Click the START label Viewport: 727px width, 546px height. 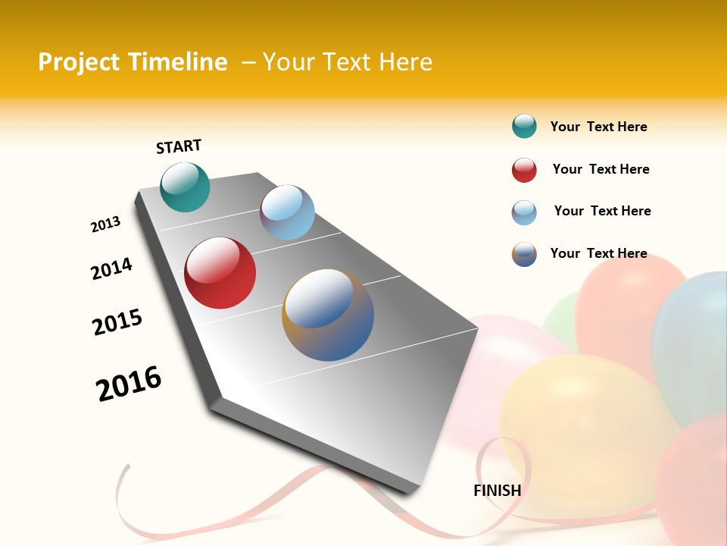(x=179, y=146)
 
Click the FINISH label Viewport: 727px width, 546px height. (x=497, y=491)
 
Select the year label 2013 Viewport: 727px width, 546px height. (x=106, y=224)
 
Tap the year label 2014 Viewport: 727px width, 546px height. (x=112, y=268)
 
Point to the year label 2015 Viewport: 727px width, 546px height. (x=117, y=322)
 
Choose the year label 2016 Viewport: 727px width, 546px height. (x=129, y=383)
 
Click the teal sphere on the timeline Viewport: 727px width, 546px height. (x=185, y=187)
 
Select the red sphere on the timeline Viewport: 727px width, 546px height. (x=220, y=273)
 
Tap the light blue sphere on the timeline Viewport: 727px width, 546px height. (x=287, y=212)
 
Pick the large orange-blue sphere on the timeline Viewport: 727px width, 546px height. (x=328, y=315)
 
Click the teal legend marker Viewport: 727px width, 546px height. (x=524, y=127)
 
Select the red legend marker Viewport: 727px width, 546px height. (x=524, y=170)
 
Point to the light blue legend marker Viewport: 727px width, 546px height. (x=524, y=212)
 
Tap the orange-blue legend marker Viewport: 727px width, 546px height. (x=524, y=254)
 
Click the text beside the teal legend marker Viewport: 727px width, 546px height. (x=598, y=127)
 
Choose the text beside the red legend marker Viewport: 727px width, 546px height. (x=601, y=169)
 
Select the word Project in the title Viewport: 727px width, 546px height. (x=79, y=62)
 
